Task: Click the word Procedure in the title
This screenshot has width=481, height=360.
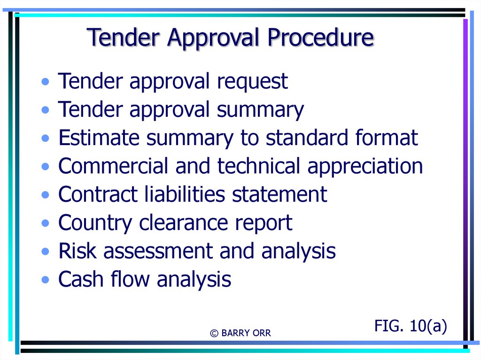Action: coord(320,38)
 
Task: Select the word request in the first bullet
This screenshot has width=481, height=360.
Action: coord(252,82)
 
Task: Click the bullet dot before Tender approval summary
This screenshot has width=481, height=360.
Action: coord(46,110)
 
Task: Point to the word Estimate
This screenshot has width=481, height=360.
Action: coord(99,138)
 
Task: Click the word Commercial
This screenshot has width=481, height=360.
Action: coord(113,166)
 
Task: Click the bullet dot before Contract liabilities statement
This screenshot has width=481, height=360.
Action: coord(46,195)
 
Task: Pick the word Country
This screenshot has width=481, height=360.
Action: coord(95,223)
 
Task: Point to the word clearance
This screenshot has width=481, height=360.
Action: coord(184,222)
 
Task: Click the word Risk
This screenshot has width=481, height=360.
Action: coord(78,251)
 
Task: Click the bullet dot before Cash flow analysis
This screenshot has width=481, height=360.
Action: coord(46,280)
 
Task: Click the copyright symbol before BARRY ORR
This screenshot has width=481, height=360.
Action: coord(214,333)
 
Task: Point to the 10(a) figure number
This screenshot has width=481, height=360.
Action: coord(428,326)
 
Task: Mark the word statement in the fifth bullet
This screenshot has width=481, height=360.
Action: coord(279,194)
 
